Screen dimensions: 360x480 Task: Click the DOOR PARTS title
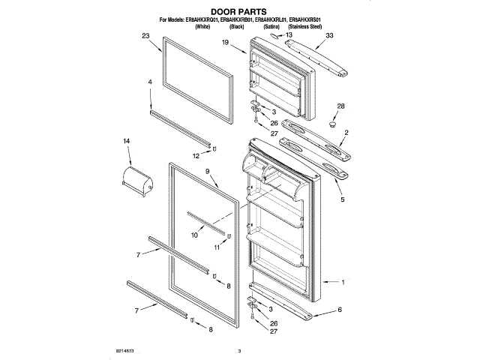[238, 11]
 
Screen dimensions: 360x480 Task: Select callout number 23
[146, 36]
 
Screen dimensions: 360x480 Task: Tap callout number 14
[127, 141]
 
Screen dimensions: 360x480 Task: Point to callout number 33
[329, 36]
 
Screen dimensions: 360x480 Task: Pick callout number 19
[224, 43]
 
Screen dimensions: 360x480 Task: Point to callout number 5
[341, 200]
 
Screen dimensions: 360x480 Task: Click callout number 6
[339, 308]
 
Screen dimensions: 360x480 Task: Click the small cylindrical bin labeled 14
[137, 181]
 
